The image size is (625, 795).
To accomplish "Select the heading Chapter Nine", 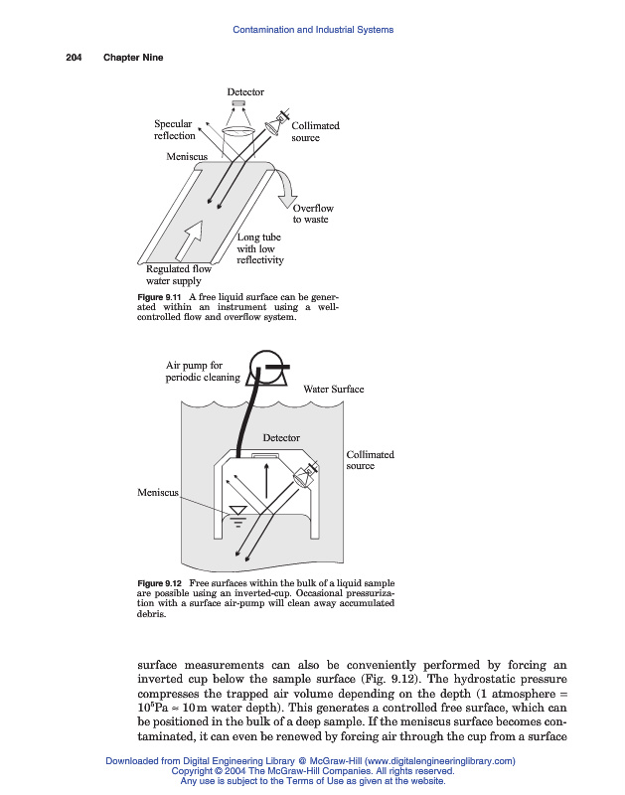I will (133, 58).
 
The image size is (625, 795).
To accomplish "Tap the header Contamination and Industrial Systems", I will (312, 30).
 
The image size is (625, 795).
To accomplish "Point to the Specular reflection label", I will (174, 130).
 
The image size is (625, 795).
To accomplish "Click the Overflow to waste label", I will (312, 214).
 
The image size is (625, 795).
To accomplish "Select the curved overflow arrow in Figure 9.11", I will (289, 187).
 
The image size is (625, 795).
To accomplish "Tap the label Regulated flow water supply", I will (179, 274).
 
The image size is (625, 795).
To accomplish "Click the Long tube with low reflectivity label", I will (260, 248).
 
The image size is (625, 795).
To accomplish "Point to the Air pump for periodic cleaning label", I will (202, 372).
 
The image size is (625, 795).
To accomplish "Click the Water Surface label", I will (334, 389).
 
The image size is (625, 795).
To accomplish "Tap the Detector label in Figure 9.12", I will (281, 437).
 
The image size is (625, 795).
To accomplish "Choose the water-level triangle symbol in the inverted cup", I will (237, 514).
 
